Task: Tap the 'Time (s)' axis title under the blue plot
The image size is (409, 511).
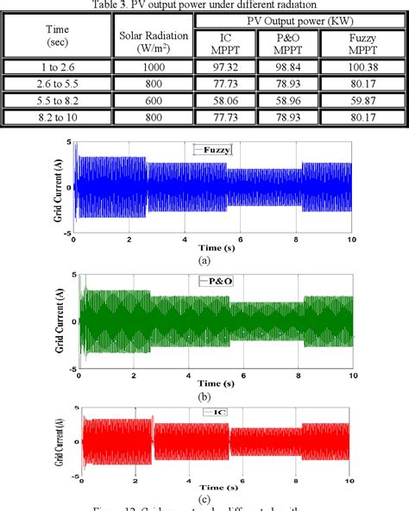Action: point(212,249)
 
